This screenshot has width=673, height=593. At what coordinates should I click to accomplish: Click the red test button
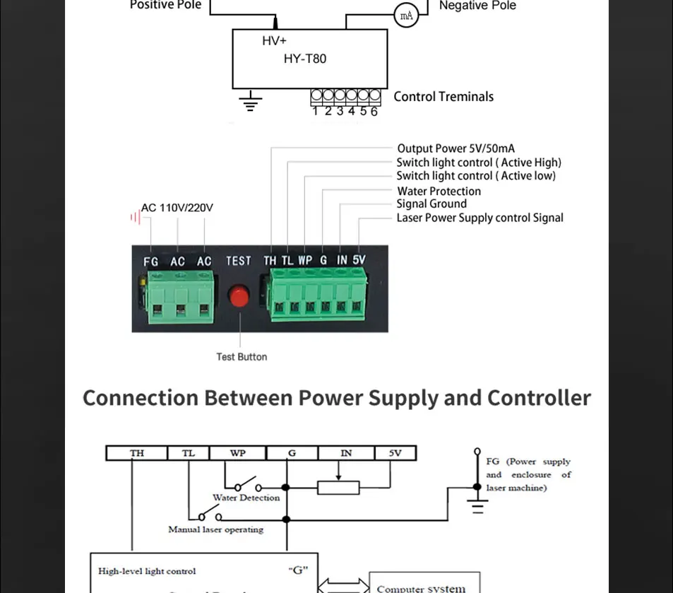pyautogui.click(x=239, y=296)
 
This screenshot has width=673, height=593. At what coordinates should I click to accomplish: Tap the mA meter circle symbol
pyautogui.click(x=406, y=16)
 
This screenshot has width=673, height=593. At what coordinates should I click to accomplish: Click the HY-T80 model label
pyautogui.click(x=305, y=59)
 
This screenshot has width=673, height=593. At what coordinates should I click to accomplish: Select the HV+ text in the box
pyautogui.click(x=274, y=41)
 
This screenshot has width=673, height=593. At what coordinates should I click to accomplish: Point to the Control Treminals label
pyautogui.click(x=443, y=97)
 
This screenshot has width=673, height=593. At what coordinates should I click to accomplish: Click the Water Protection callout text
pyautogui.click(x=439, y=192)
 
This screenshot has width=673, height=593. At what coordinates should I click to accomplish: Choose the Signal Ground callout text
pyautogui.click(x=431, y=204)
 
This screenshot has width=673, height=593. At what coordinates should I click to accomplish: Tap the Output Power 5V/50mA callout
pyautogui.click(x=455, y=148)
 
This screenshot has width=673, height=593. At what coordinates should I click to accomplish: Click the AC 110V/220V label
pyautogui.click(x=177, y=208)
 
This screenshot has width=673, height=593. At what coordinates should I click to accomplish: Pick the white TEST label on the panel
pyautogui.click(x=238, y=261)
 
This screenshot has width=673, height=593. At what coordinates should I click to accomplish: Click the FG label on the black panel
pyautogui.click(x=150, y=262)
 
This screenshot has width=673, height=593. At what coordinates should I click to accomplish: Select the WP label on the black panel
pyautogui.click(x=305, y=260)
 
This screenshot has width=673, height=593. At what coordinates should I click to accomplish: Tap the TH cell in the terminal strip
pyautogui.click(x=137, y=453)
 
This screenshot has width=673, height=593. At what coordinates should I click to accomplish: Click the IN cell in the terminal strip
pyautogui.click(x=346, y=453)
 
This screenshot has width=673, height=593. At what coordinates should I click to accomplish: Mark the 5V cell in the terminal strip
pyautogui.click(x=395, y=453)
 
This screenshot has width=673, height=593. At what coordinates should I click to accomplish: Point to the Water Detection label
pyautogui.click(x=246, y=498)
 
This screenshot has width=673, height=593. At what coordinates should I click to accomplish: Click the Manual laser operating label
pyautogui.click(x=215, y=529)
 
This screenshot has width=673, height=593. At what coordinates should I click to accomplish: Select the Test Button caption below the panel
pyautogui.click(x=242, y=357)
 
